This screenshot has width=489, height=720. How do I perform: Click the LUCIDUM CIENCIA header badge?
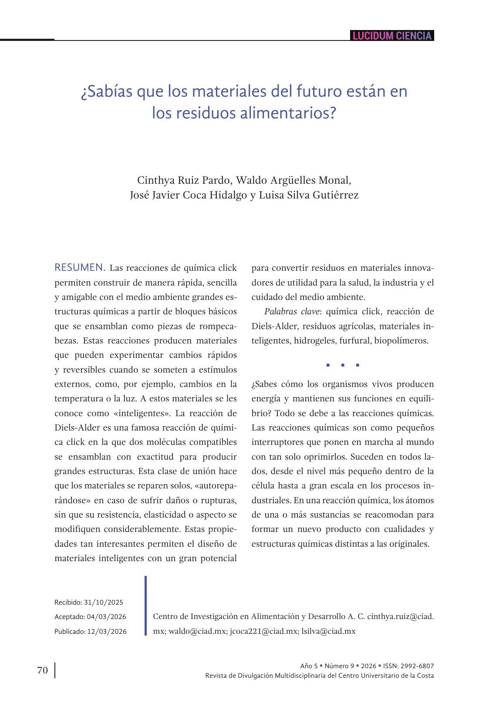click(392, 36)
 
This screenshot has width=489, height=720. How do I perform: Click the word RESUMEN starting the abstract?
click(80, 267)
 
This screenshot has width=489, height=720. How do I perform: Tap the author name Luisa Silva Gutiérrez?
click(309, 195)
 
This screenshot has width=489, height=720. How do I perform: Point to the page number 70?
click(42, 670)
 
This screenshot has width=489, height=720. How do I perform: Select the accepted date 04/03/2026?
click(106, 617)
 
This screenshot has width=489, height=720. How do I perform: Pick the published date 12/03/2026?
click(107, 631)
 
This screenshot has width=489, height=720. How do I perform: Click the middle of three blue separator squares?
click(343, 365)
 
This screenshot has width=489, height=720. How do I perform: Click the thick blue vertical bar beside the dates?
click(146, 606)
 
